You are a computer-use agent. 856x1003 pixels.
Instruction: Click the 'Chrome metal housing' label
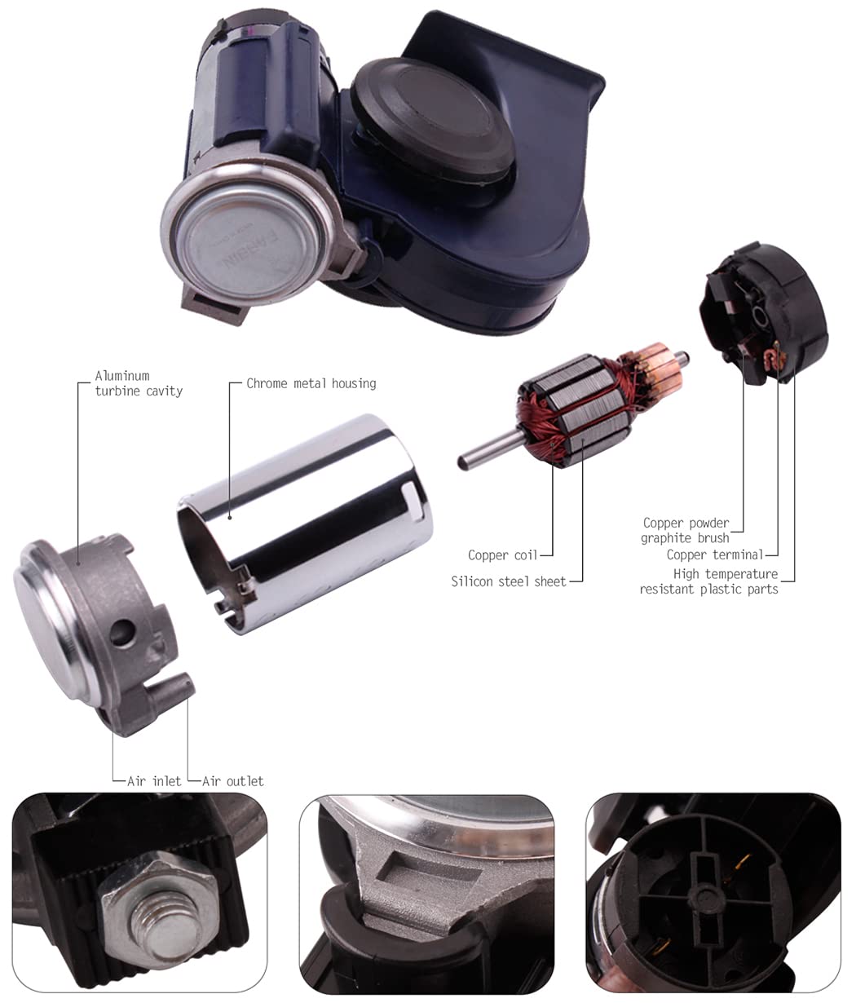pyautogui.click(x=311, y=383)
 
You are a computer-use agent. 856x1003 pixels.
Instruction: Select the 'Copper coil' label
pyautogui.click(x=502, y=555)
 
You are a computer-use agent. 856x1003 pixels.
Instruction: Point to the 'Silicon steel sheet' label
pyautogui.click(x=508, y=581)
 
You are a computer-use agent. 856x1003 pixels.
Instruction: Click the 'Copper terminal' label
pyautogui.click(x=715, y=555)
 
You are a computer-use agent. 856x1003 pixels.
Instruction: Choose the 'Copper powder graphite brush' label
pyautogui.click(x=685, y=530)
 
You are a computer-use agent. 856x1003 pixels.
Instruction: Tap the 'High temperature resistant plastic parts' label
pyautogui.click(x=709, y=581)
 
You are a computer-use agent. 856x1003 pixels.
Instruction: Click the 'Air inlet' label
pyautogui.click(x=153, y=781)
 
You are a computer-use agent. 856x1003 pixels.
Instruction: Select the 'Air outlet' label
pyautogui.click(x=233, y=781)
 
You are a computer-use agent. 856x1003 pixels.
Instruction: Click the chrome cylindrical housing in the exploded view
pyautogui.click(x=310, y=522)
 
